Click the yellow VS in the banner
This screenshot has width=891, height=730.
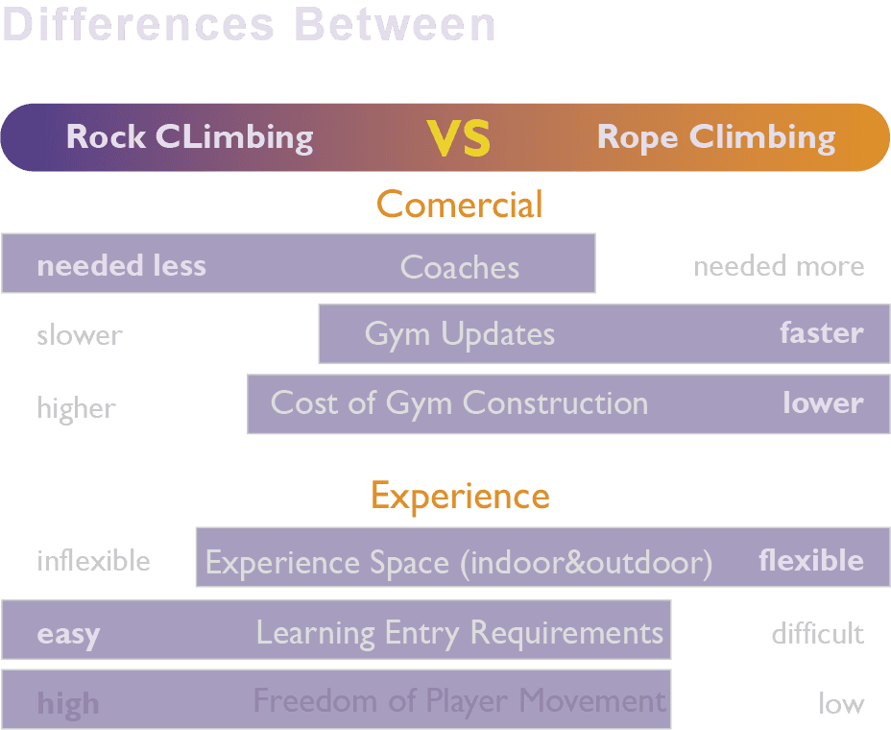(459, 138)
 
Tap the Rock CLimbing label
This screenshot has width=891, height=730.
(189, 137)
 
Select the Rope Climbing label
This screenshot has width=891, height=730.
(715, 137)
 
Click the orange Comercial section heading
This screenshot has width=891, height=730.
(460, 205)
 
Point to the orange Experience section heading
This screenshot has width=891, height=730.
(460, 497)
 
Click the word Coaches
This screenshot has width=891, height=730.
(459, 267)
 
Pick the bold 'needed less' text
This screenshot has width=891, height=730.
(121, 265)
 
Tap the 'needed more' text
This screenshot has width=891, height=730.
(779, 266)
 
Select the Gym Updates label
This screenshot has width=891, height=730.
(459, 334)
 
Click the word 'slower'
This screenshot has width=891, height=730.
(80, 335)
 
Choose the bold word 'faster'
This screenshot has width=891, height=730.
(821, 333)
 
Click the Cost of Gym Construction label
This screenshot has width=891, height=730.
(459, 403)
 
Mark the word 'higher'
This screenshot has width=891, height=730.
(76, 407)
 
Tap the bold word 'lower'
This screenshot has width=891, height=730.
(823, 403)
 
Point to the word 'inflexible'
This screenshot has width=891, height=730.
(93, 560)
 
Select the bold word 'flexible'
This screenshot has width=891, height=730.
(810, 560)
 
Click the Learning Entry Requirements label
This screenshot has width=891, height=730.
(459, 633)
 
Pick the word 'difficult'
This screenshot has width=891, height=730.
(817, 634)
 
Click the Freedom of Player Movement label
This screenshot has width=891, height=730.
(459, 701)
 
